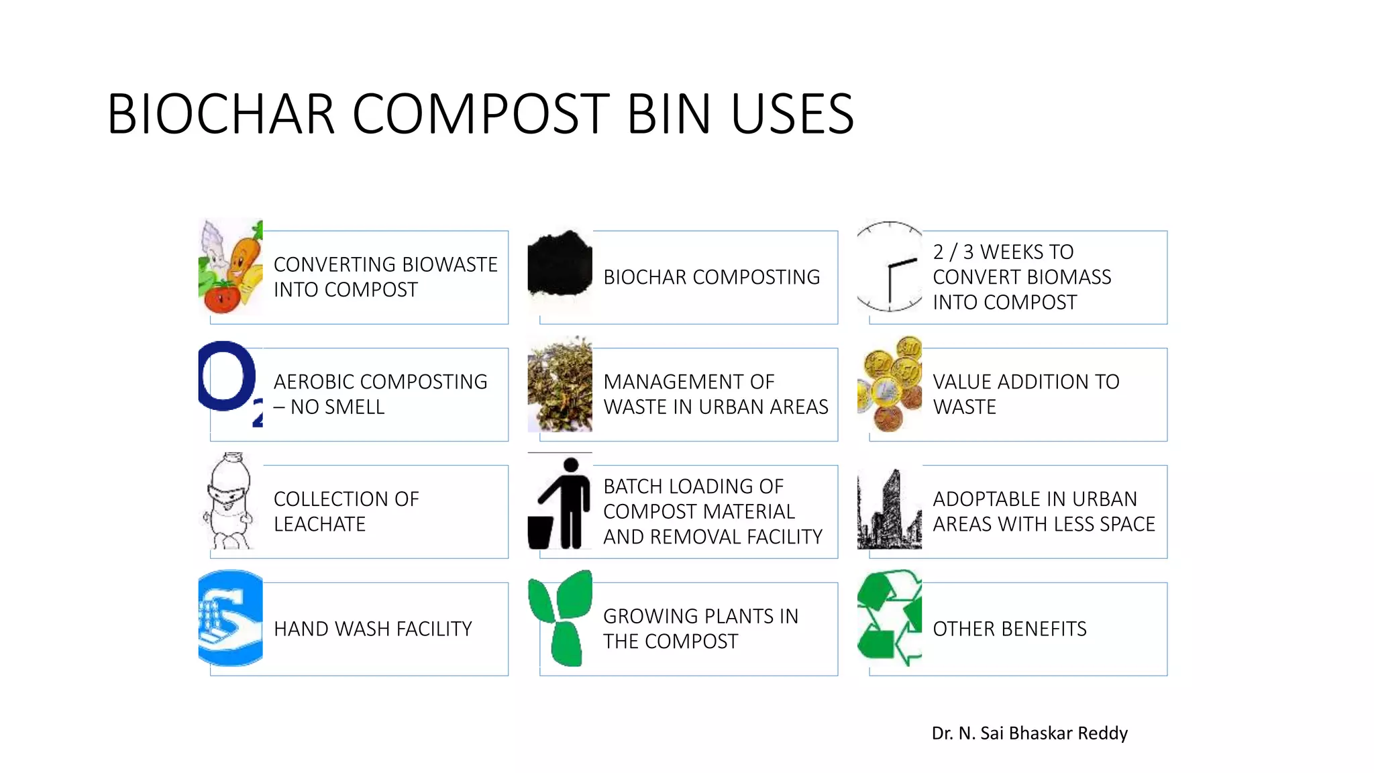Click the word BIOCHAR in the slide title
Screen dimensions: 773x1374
click(221, 114)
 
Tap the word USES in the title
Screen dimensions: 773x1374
click(792, 114)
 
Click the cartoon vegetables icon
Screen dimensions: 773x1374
click(231, 267)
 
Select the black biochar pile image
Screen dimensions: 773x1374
click(560, 264)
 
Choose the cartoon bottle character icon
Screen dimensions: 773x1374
click(229, 501)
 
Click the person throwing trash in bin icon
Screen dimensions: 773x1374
click(560, 503)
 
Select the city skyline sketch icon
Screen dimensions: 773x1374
click(890, 511)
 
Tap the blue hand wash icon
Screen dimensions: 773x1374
click(231, 618)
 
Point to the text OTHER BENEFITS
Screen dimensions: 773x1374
click(1009, 629)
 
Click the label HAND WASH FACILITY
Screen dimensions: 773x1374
click(373, 629)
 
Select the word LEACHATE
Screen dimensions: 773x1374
click(319, 524)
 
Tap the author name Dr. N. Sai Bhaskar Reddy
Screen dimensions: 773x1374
click(1029, 733)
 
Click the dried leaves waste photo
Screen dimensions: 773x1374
click(560, 384)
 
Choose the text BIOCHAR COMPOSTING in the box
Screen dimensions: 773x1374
click(711, 277)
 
